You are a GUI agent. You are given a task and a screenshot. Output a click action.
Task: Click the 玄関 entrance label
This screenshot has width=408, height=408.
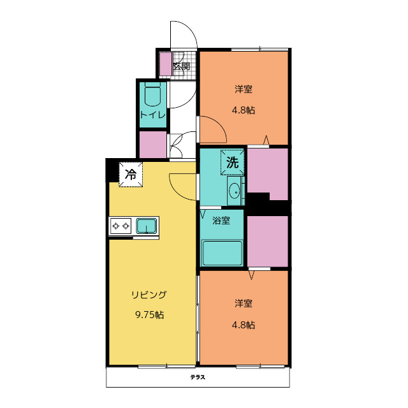(181, 66)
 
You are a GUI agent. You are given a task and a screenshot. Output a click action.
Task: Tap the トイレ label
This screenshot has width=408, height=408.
(153, 115)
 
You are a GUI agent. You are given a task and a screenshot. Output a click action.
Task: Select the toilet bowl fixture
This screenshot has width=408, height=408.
(152, 95)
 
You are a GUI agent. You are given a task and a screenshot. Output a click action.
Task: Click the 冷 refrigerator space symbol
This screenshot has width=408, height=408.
(131, 174)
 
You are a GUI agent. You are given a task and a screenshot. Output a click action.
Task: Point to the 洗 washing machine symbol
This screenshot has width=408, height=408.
(232, 163)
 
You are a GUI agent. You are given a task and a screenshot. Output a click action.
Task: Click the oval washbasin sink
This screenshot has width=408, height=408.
(235, 191)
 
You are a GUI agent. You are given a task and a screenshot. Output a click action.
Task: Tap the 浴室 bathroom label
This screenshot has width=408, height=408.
(221, 221)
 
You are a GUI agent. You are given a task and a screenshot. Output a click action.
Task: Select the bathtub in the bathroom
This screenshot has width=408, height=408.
(222, 253)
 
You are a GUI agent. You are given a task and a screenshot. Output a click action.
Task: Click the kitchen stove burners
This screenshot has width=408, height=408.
(120, 226)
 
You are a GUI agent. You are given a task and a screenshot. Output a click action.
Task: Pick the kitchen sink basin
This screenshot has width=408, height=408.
(147, 226)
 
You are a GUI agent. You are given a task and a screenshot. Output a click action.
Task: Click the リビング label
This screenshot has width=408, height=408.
(149, 295)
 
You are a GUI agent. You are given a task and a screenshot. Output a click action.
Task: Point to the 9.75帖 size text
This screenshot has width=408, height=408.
(149, 315)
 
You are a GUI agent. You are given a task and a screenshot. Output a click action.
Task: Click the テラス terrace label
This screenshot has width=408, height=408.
(198, 377)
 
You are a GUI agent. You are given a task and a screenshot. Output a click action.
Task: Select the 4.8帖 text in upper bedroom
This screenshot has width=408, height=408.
(244, 110)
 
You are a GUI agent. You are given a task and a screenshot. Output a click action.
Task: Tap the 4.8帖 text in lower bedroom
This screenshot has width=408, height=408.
(244, 325)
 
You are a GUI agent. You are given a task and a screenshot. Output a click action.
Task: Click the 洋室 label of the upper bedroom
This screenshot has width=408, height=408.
(244, 89)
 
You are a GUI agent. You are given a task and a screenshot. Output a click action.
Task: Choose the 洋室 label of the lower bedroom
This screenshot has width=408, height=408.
(244, 303)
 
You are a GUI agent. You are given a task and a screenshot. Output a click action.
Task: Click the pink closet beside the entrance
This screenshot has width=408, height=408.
(166, 64)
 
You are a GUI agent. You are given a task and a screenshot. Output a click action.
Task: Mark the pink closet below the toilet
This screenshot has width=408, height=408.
(153, 145)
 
